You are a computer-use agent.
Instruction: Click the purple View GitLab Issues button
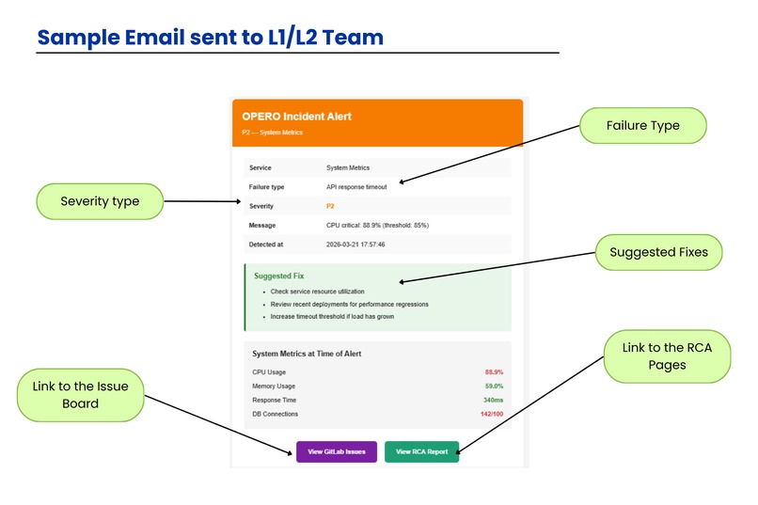coord(337,451)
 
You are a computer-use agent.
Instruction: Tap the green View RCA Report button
coord(421,451)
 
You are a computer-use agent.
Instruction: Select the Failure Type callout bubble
coord(643,126)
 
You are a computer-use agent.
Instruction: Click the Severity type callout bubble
coord(100,201)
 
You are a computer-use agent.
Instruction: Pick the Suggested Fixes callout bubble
coord(659,252)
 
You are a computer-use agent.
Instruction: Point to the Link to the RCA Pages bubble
coord(667,356)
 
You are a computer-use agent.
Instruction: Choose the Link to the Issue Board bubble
coord(80,395)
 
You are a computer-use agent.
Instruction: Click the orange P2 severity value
coord(330,206)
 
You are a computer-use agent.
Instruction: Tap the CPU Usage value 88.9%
coord(494,372)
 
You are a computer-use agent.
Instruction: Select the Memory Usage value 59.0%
coord(494,387)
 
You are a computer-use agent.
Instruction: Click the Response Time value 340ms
coord(493,400)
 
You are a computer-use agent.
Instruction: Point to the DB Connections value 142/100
coord(492,414)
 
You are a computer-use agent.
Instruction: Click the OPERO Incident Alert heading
coord(296,117)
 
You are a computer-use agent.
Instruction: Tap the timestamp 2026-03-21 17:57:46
coord(355,245)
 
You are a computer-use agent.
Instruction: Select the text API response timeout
coord(356,187)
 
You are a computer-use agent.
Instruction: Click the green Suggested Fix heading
coord(279,276)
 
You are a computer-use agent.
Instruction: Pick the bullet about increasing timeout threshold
coord(332,317)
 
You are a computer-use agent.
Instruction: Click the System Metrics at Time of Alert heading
coord(307,354)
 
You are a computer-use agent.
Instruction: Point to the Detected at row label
coord(266,245)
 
